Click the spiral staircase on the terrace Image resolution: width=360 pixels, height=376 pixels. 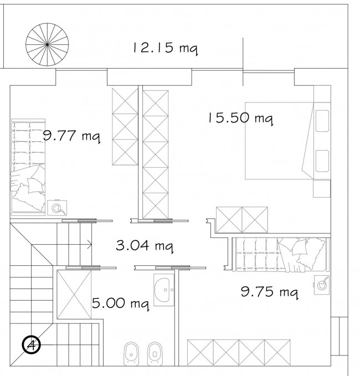tap(47, 45)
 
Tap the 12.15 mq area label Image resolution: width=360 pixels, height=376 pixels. tap(165, 48)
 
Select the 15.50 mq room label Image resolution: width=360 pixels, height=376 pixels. tap(240, 119)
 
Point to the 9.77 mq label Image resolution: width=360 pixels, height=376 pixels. tap(71, 136)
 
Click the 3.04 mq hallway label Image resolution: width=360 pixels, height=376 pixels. tap(145, 246)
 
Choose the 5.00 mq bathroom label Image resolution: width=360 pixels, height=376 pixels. tap(121, 303)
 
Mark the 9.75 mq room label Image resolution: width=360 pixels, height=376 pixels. tap(270, 292)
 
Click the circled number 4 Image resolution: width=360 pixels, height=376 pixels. tap(32, 345)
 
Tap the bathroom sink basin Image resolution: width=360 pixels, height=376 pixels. tap(164, 290)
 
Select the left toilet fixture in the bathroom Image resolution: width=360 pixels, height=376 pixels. tap(131, 353)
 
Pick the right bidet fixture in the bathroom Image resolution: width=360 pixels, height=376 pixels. tap(155, 353)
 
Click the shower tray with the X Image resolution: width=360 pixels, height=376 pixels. tap(74, 295)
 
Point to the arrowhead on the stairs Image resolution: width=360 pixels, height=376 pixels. tap(90, 245)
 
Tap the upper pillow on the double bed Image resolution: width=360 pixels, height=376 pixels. tap(322, 121)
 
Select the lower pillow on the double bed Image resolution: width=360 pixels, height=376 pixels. tap(322, 161)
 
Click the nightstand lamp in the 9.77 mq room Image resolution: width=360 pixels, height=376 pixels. tap(57, 208)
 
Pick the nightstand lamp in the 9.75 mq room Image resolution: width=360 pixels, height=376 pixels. tap(322, 285)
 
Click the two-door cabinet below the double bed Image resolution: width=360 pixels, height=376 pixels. tap(242, 220)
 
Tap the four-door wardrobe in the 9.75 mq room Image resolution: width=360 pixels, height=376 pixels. tap(239, 353)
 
